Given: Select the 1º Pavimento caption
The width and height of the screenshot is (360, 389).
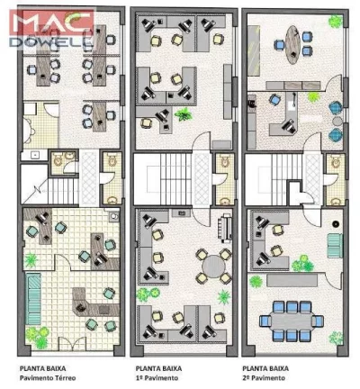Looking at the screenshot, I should click(x=159, y=378).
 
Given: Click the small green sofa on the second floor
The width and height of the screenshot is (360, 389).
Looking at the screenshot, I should click(x=334, y=244).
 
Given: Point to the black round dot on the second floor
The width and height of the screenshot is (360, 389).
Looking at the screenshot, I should click(x=335, y=222).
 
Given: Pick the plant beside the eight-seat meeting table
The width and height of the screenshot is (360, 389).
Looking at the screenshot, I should click(x=256, y=281).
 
